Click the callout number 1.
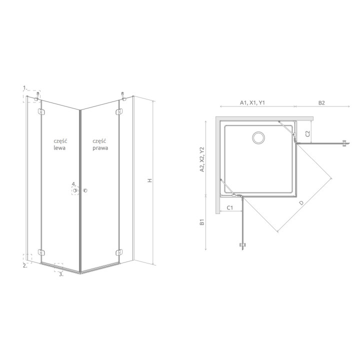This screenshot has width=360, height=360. pyautogui.click(x=25, y=87)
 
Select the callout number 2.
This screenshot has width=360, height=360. pyautogui.click(x=25, y=266)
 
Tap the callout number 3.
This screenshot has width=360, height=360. pyautogui.click(x=61, y=274)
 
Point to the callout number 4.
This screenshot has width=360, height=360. pyautogui.click(x=73, y=184)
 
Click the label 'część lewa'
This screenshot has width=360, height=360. pyautogui.click(x=59, y=144)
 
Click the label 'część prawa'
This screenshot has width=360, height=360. pyautogui.click(x=100, y=144)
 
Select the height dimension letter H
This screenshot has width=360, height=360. pyautogui.click(x=150, y=180)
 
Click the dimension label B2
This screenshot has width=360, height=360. pyautogui.click(x=321, y=103)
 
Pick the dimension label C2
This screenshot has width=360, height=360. pyautogui.click(x=307, y=133)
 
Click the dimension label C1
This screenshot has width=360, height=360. pyautogui.click(x=230, y=208)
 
